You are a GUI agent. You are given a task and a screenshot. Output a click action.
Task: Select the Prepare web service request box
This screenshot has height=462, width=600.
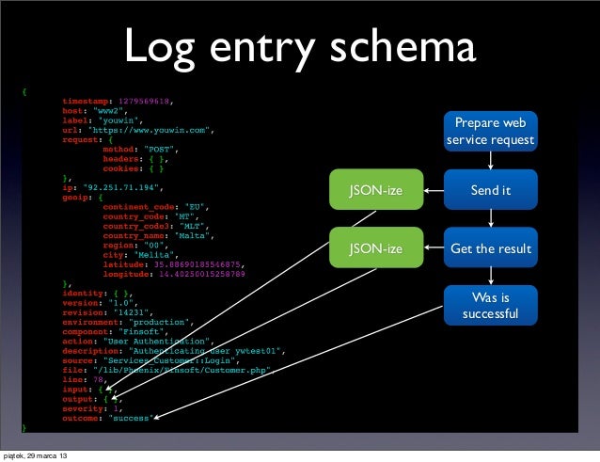(490, 132)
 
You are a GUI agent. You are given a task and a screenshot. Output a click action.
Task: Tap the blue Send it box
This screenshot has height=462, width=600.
(490, 191)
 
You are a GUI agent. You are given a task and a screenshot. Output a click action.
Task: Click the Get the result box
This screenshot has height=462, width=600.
(490, 249)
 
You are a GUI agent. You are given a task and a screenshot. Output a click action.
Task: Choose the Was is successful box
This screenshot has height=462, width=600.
(490, 306)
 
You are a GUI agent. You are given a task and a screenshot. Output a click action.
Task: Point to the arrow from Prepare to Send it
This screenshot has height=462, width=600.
(490, 161)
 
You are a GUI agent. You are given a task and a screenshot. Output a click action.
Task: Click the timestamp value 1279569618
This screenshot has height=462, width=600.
(145, 99)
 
